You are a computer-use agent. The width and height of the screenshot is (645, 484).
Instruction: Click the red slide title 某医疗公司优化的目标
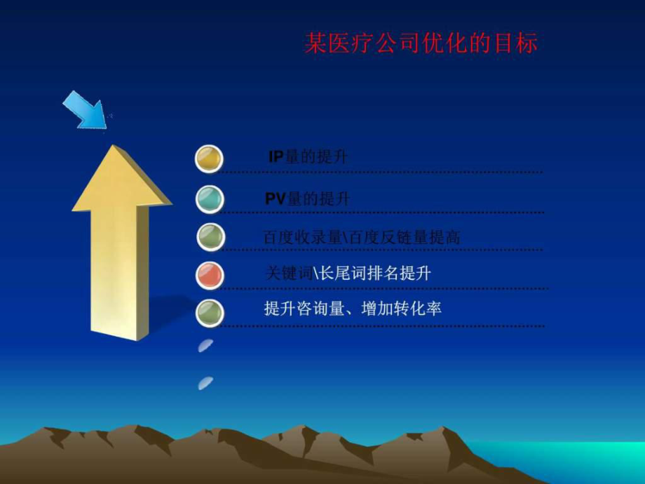pyautogui.click(x=421, y=43)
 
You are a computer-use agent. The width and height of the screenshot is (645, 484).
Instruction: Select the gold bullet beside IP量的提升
pyautogui.click(x=209, y=159)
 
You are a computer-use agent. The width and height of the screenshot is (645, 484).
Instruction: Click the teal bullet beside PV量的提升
pyautogui.click(x=209, y=199)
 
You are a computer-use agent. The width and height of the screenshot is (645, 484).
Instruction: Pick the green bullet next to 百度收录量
pyautogui.click(x=209, y=237)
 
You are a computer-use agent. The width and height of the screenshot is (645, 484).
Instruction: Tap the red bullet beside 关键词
pyautogui.click(x=209, y=274)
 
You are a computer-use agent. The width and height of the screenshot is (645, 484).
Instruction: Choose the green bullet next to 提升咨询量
pyautogui.click(x=209, y=311)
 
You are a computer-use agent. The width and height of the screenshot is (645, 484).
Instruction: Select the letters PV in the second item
pyautogui.click(x=276, y=199)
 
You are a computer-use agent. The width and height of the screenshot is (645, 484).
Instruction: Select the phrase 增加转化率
pyautogui.click(x=401, y=309)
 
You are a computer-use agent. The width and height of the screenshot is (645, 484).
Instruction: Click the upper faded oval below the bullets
pyautogui.click(x=205, y=345)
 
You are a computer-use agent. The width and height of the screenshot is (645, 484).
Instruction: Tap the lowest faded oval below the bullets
pyautogui.click(x=205, y=382)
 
